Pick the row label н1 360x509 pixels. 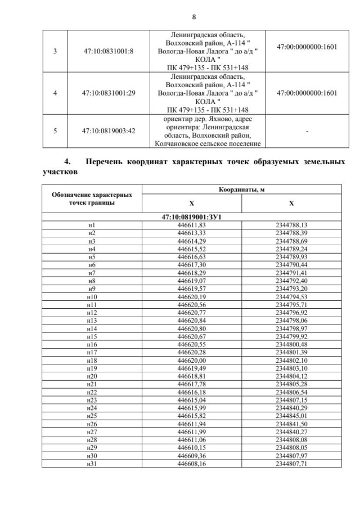[92, 224]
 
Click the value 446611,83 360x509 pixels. [191, 224]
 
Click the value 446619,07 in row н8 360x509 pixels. [191, 280]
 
